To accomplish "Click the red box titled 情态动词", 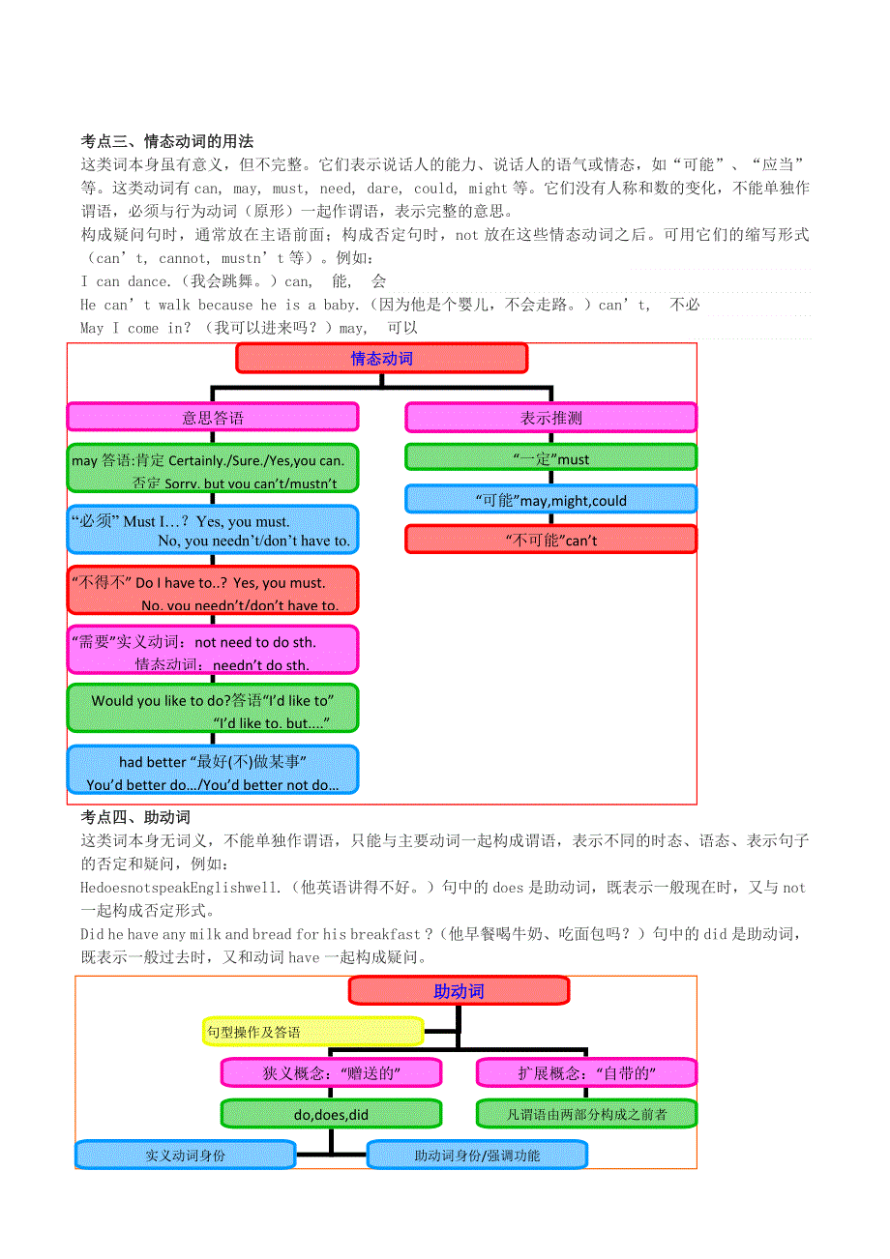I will coord(381,359).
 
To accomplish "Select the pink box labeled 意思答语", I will coord(212,418).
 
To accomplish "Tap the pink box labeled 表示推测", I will coord(550,418).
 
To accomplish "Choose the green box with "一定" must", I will coord(550,458).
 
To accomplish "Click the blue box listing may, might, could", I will coord(550,499).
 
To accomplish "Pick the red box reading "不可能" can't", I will coord(550,540).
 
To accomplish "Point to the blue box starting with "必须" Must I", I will coord(212,530).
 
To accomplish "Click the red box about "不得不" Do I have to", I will coord(212,591).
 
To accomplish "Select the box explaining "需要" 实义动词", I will coord(212,650).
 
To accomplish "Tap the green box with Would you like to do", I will coord(212,709).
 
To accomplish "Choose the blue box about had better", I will coord(212,771).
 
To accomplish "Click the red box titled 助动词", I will coord(459,990).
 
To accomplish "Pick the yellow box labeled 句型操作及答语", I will coord(313,1032).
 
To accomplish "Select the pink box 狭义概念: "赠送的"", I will coord(331,1072).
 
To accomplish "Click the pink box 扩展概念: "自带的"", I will coord(586,1072).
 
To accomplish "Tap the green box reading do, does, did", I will coord(331,1114).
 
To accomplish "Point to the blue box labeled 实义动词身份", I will coord(185,1155).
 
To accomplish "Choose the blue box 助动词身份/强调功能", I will coord(477,1155).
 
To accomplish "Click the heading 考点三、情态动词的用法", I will coord(166,141).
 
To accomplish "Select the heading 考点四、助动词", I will coord(135,817).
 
